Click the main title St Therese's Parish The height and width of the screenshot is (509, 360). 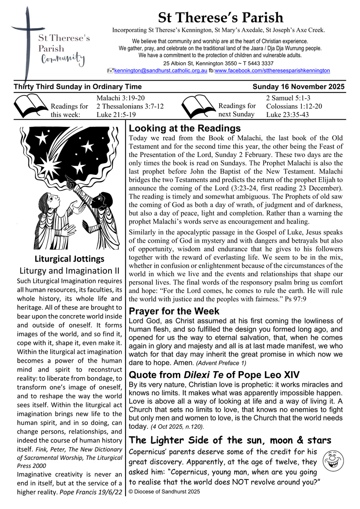220,18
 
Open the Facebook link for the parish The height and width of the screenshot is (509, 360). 272,70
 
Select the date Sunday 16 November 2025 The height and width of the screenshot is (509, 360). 298,87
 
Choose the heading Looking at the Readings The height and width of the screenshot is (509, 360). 184,129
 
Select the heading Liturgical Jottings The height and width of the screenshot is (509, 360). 69,258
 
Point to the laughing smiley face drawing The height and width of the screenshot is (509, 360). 332,460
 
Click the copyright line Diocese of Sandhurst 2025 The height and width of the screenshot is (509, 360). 164,492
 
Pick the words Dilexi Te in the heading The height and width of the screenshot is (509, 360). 198,375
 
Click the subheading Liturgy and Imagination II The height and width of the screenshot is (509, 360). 69,271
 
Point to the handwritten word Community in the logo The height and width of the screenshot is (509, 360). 63,60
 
